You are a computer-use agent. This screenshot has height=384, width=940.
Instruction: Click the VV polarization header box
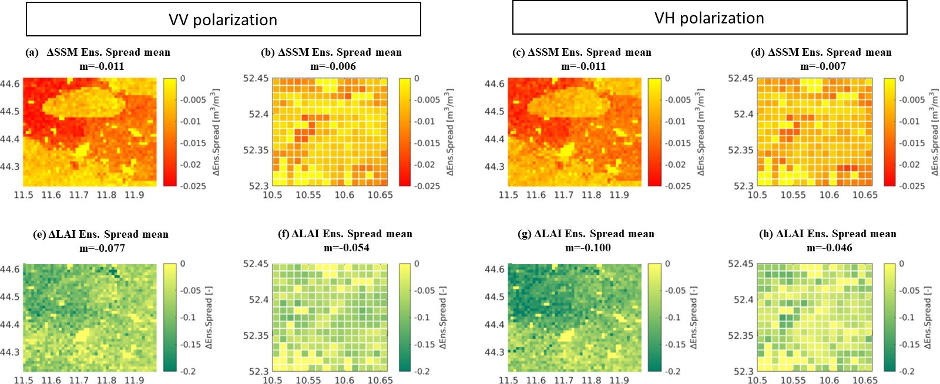coord(223,19)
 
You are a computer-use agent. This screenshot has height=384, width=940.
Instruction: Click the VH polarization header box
coord(710,17)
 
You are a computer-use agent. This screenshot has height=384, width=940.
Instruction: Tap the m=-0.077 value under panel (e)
coord(102,248)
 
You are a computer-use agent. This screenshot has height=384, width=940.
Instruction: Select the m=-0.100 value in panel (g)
coord(588,248)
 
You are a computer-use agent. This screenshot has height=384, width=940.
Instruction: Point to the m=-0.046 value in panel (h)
coord(829,248)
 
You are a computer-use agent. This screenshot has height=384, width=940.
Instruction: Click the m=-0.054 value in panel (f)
coord(346,248)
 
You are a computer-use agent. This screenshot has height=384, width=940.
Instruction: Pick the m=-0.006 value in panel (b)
coord(333,66)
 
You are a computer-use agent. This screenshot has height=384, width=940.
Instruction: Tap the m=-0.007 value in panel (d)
coord(823,66)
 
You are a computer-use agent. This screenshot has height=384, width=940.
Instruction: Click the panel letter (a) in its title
coord(32,52)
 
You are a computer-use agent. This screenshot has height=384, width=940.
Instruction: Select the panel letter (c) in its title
coord(518,52)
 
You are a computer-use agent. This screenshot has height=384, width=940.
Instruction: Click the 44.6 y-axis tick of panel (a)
coord(10,84)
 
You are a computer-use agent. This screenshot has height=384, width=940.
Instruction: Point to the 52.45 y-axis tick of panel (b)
coord(255,79)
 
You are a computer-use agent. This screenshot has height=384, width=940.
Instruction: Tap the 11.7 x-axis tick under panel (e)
coord(79,380)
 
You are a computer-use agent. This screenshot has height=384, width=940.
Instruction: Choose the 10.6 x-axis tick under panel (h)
coord(829,380)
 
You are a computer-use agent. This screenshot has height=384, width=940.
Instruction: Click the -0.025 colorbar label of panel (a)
coord(193,186)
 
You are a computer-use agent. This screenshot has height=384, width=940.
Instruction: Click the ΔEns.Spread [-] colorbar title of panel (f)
coord(443,318)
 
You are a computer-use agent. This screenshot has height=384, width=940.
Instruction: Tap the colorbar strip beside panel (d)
coord(889,132)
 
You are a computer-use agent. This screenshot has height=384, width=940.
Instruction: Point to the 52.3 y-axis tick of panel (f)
coord(259,372)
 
